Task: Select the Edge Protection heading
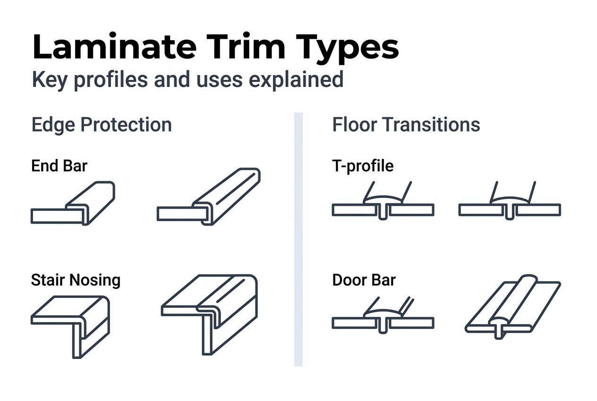(x=102, y=125)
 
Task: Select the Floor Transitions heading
(x=406, y=125)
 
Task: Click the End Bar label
(x=59, y=166)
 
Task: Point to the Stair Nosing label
(x=76, y=280)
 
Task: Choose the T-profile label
(x=363, y=166)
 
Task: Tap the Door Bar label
(x=364, y=280)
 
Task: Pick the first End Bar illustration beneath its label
(x=73, y=203)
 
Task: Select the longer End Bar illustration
(x=209, y=196)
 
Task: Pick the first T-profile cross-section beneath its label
(x=383, y=203)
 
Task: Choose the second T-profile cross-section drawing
(x=510, y=203)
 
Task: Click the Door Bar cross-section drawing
(x=383, y=317)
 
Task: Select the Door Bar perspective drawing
(x=512, y=307)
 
